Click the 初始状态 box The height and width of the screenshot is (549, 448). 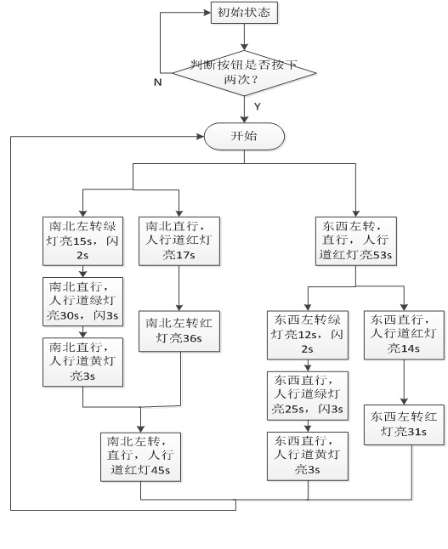tap(244, 13)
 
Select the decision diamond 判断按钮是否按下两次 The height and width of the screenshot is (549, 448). tap(245, 73)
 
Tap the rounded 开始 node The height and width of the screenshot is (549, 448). tap(244, 136)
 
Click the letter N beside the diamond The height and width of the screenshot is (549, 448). tap(157, 82)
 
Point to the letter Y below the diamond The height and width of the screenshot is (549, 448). tap(258, 106)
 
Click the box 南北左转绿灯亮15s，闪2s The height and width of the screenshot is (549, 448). tap(82, 241)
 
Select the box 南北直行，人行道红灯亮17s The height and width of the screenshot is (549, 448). tap(179, 241)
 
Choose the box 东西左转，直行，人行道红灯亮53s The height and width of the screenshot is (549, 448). tap(356, 241)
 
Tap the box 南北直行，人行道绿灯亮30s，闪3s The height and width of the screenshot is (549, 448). tap(82, 302)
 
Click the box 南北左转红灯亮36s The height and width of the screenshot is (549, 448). tap(179, 331)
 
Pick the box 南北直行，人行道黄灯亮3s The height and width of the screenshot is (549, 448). tap(82, 362)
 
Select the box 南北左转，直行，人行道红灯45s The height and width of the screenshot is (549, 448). tap(141, 457)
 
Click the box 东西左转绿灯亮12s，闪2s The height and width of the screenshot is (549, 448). tap(308, 335)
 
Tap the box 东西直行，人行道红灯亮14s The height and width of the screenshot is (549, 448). tap(404, 335)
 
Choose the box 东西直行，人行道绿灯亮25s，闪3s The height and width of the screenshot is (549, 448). tap(308, 396)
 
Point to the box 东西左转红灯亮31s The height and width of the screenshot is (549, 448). tap(404, 425)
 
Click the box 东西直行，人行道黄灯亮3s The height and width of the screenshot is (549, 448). tap(308, 456)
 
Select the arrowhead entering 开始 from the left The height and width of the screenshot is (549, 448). tap(201, 137)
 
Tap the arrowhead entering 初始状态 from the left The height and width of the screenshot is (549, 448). tap(207, 13)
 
